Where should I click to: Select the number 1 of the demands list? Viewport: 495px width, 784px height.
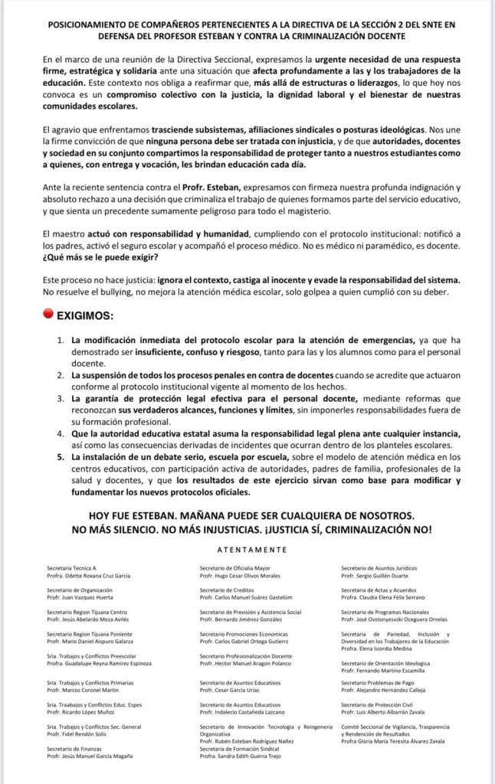[61, 339]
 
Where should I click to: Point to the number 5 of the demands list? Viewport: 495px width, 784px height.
[61, 457]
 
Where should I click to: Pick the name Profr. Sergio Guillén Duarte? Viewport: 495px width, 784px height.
[375, 575]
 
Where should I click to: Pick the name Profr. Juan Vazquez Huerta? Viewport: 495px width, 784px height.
[84, 597]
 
